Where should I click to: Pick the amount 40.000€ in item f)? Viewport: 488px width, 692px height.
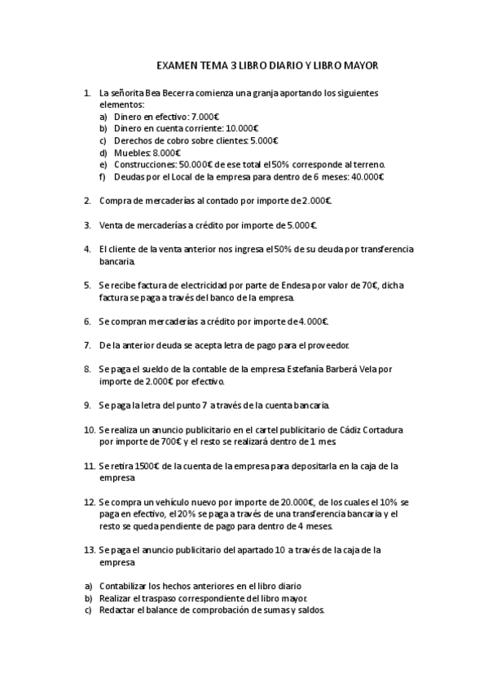pyautogui.click(x=367, y=176)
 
